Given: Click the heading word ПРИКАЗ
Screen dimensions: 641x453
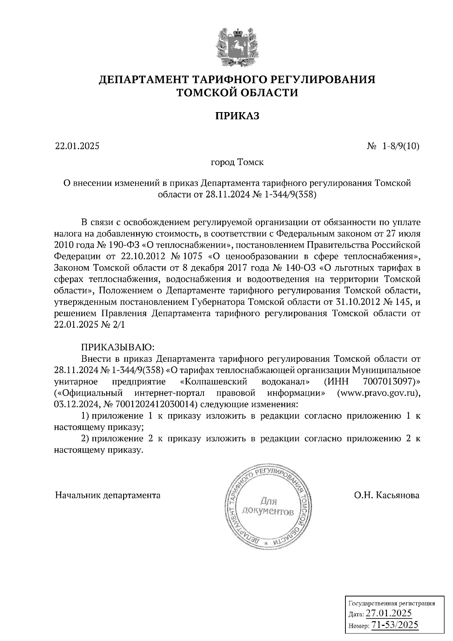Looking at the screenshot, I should pos(237,116).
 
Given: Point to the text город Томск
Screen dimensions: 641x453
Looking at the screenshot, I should pos(237,162).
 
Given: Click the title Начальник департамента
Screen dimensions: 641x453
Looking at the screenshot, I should pos(108,495).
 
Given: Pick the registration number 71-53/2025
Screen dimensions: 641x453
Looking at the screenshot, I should pos(394,625).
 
